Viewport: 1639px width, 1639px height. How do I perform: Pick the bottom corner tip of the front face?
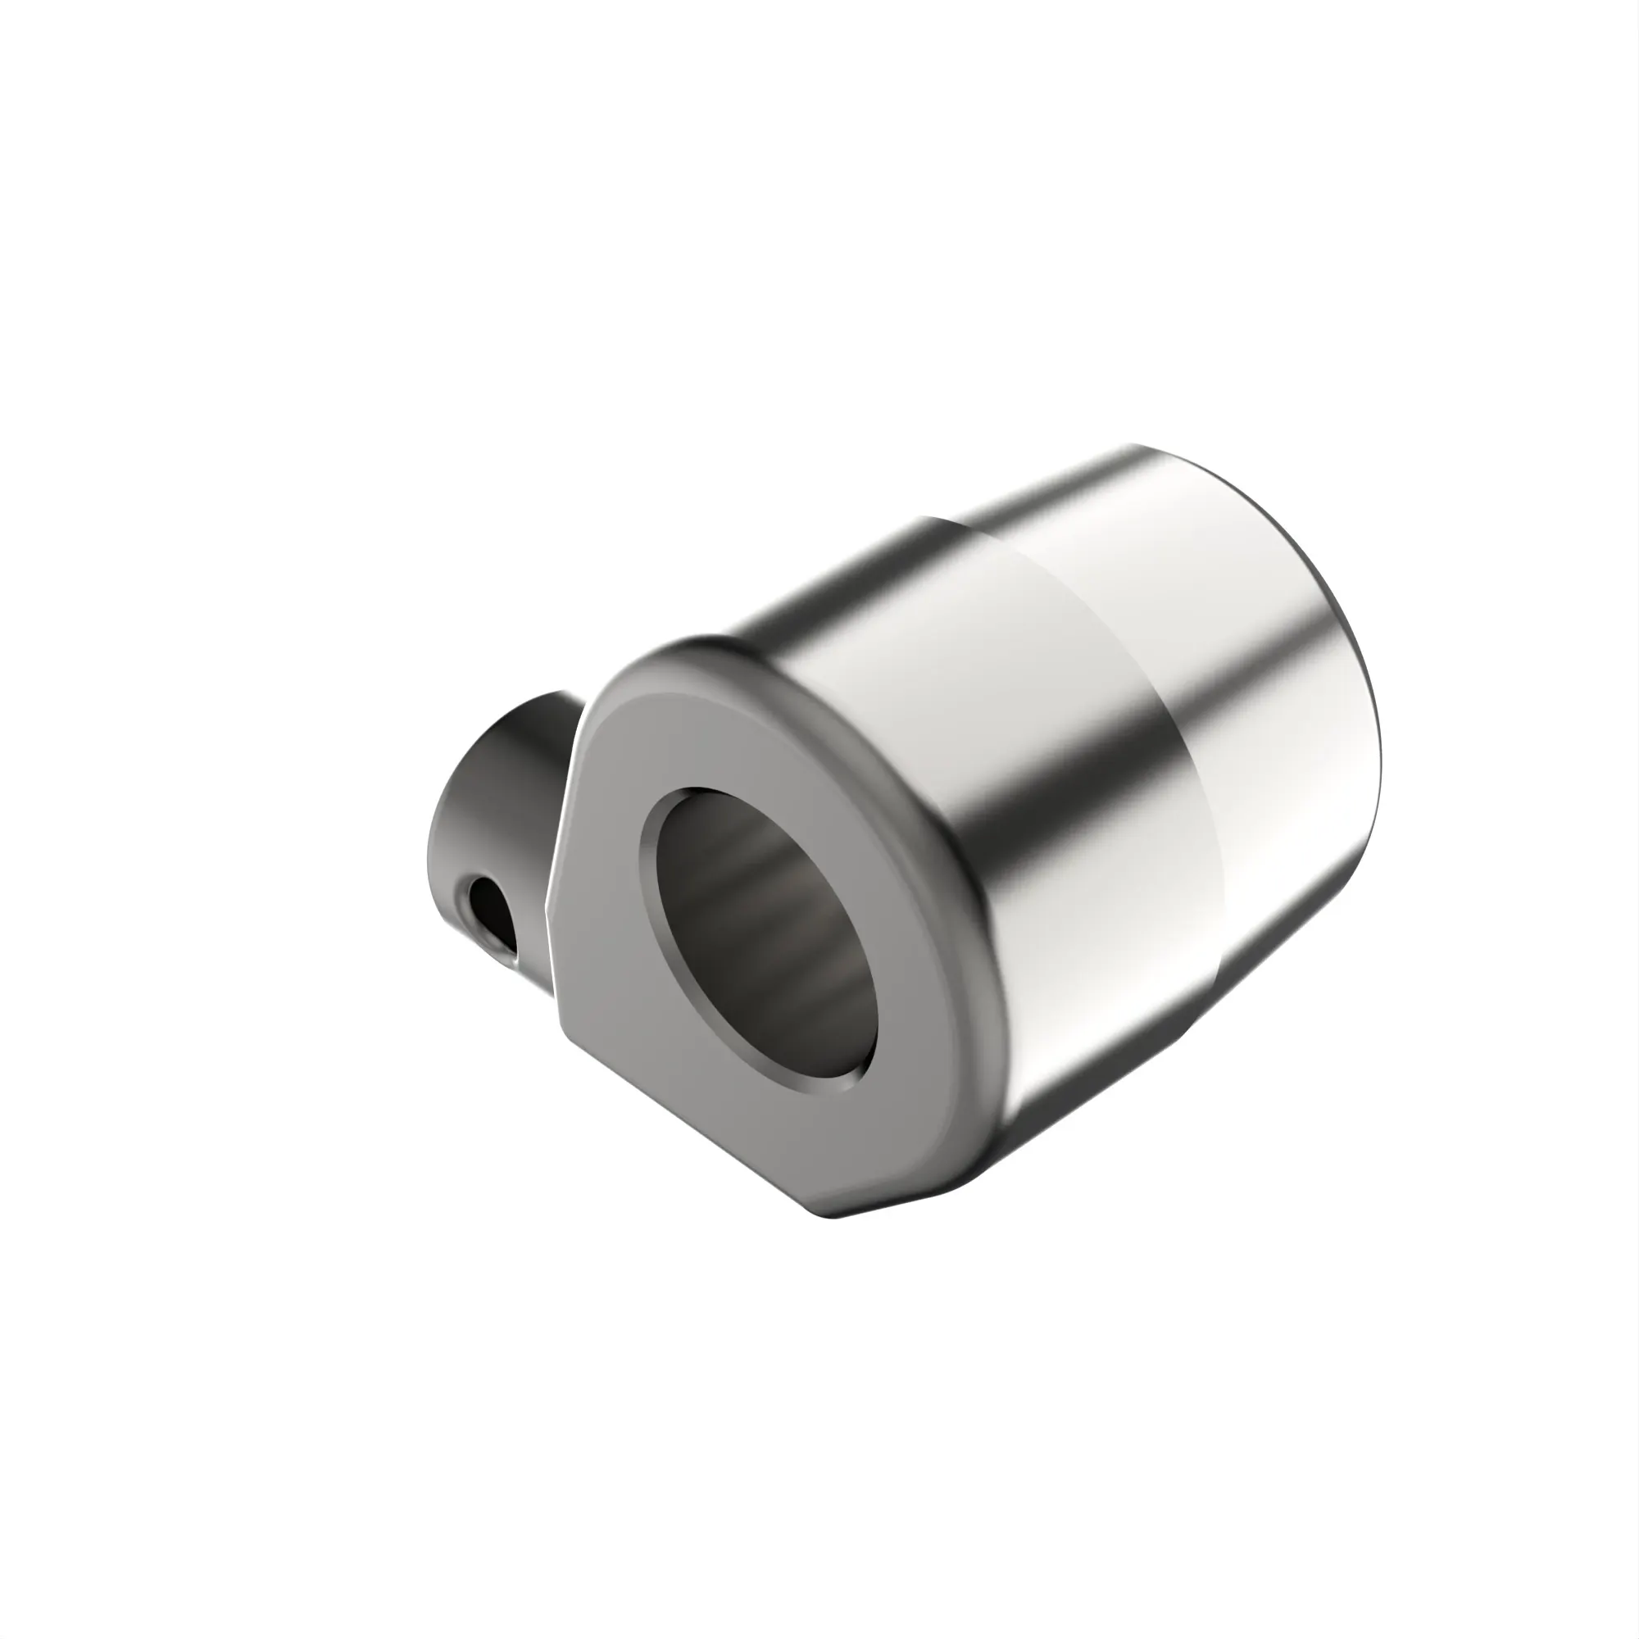pyautogui.click(x=836, y=1219)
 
